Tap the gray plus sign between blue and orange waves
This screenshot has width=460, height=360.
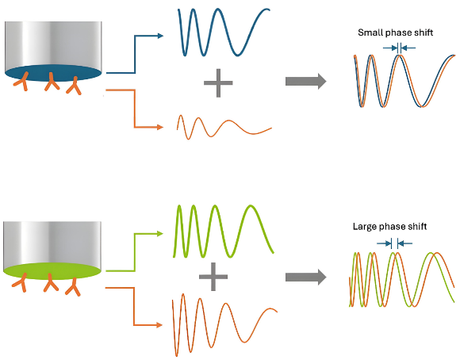click(x=218, y=83)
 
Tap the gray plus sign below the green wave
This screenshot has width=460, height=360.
click(x=213, y=277)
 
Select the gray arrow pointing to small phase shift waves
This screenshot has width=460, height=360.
click(x=305, y=81)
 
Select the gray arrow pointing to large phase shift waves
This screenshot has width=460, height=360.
click(x=305, y=277)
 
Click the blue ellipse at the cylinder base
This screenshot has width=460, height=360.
click(x=53, y=73)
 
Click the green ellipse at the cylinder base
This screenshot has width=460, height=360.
click(x=52, y=271)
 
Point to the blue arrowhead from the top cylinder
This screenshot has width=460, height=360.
click(x=160, y=36)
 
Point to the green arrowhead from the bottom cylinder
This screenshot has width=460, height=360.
click(x=160, y=234)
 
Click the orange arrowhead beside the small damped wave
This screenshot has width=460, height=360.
click(x=160, y=127)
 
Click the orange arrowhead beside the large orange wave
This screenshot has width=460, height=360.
click(x=159, y=325)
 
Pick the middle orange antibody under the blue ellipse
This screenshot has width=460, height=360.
click(x=52, y=82)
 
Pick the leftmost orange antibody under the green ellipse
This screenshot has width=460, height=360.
click(x=21, y=283)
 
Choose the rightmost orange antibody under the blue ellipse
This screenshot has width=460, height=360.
click(x=75, y=86)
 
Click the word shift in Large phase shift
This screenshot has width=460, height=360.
click(x=417, y=226)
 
